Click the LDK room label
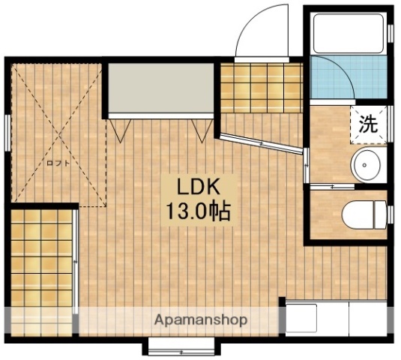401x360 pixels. (197, 187)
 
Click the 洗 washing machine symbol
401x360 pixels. (368, 124)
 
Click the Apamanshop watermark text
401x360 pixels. (201, 319)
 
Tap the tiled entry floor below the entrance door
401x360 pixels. (262, 88)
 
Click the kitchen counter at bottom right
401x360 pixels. (336, 319)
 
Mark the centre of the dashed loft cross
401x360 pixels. (58, 134)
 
